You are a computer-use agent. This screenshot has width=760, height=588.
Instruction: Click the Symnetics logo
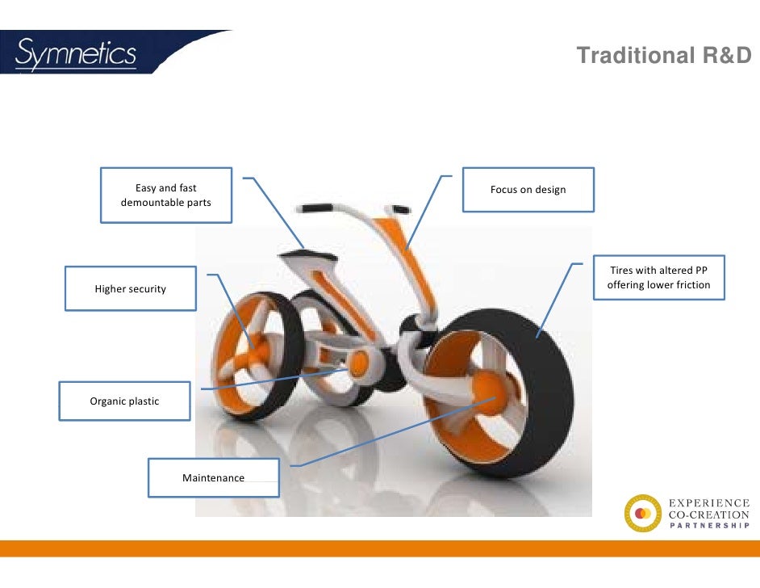coord(77,54)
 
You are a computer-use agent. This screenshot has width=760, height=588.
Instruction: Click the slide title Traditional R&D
coord(664,56)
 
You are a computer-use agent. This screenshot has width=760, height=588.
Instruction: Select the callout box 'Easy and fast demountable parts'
coord(166,195)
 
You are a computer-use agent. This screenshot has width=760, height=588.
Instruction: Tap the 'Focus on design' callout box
coord(528,190)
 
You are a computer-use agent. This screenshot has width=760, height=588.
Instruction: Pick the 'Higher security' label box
coord(131,288)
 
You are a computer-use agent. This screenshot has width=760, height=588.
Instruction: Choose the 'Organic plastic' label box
coord(125,401)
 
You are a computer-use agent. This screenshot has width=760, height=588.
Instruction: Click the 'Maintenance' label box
coord(214,477)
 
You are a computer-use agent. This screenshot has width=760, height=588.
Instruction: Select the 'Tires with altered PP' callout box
coord(659,277)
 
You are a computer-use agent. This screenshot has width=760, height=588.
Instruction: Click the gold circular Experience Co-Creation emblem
coord(642,514)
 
